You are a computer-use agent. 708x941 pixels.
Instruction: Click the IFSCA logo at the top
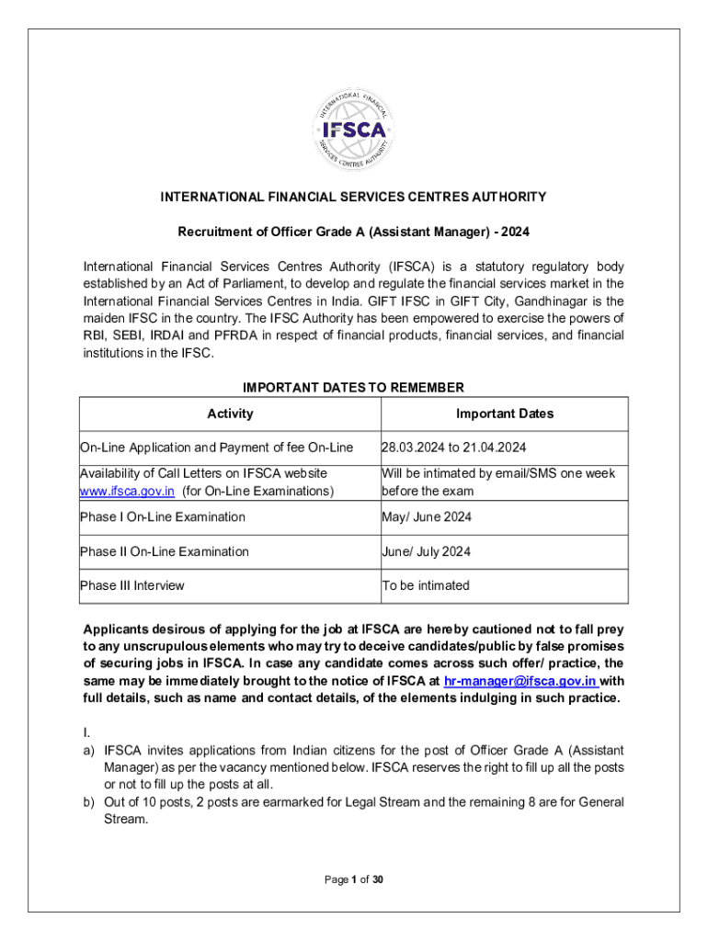(x=354, y=130)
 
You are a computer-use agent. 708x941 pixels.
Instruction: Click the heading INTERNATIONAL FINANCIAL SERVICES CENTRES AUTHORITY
(x=354, y=197)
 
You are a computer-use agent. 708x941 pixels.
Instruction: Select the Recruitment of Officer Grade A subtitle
(x=354, y=232)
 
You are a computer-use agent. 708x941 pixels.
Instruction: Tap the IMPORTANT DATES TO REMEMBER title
(x=354, y=387)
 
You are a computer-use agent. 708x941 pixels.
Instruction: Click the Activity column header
(x=230, y=414)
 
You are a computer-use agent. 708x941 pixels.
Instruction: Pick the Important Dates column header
(x=505, y=414)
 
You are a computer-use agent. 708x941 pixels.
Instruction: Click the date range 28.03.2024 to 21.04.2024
(x=453, y=448)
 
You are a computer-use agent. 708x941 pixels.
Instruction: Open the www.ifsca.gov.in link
(x=127, y=491)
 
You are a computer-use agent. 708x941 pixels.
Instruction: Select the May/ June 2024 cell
(x=427, y=516)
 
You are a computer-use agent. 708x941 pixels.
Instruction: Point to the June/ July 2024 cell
(x=428, y=551)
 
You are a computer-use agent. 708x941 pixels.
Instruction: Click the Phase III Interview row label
(x=132, y=585)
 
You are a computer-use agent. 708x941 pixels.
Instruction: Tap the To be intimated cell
(x=425, y=585)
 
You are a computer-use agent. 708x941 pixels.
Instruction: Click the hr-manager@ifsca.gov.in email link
(x=520, y=681)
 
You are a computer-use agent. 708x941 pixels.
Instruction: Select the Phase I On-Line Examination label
(x=163, y=516)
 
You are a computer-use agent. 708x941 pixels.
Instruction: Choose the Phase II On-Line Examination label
(x=165, y=551)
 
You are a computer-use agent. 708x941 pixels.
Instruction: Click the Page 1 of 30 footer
(x=354, y=879)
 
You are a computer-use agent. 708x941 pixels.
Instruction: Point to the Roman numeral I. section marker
(x=86, y=731)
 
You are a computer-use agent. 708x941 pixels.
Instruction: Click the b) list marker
(x=89, y=801)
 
